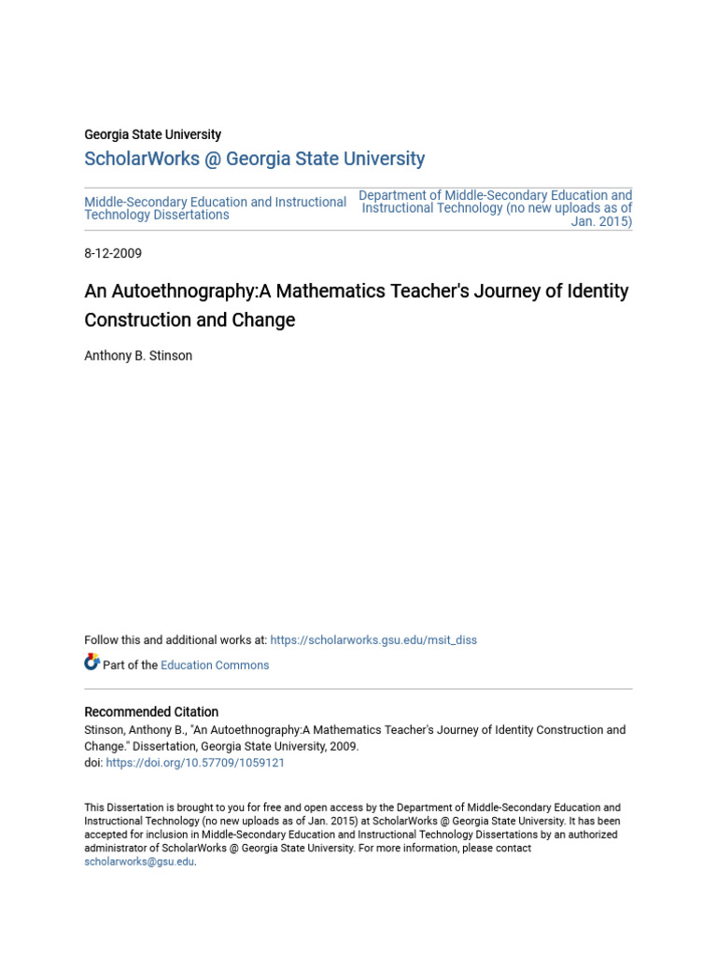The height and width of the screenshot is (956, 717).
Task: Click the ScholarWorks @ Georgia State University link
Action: [254, 159]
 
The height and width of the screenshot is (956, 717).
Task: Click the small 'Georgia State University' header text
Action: [152, 134]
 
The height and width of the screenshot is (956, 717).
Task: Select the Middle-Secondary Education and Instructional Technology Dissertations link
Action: [215, 208]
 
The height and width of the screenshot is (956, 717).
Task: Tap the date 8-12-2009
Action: [113, 253]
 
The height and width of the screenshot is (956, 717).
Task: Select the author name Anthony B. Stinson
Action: [138, 356]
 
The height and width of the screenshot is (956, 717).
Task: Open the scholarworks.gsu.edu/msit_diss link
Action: [373, 640]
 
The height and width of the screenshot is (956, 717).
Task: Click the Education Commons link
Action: [215, 666]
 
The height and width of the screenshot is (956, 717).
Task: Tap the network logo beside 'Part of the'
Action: [91, 663]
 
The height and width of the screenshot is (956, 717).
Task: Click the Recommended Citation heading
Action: [151, 711]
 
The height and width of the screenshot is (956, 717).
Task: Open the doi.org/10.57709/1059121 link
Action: [195, 763]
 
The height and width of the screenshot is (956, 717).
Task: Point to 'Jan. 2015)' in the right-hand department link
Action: [602, 222]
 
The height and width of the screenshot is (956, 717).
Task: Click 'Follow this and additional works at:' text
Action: [176, 640]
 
